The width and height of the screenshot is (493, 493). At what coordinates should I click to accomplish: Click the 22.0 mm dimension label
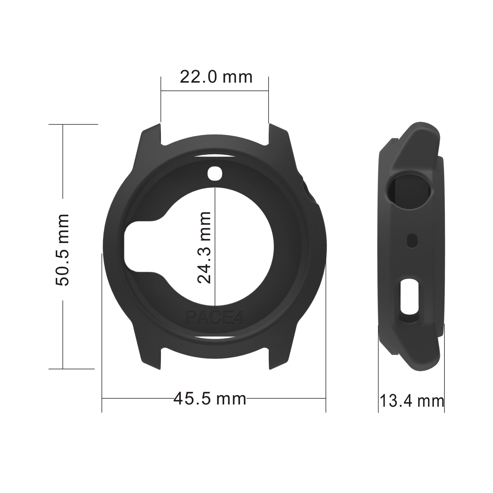(x=216, y=77)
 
